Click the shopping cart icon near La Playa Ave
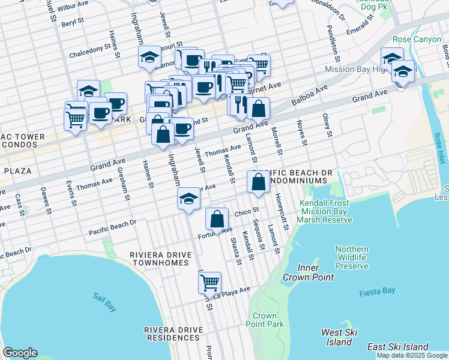tap(209, 281)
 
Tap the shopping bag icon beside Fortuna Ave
tap(217, 218)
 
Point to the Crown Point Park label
tap(265, 320)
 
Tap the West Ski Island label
tap(340, 337)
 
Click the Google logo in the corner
tap(20, 352)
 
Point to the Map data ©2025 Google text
tap(411, 355)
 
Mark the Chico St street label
tap(246, 212)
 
